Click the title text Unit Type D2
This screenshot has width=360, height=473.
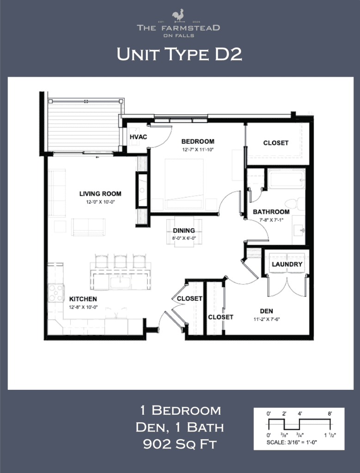tap(179, 55)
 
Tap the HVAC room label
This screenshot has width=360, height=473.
tap(138, 138)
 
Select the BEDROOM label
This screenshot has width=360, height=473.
tap(197, 141)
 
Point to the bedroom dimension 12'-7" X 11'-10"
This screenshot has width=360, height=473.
tap(197, 150)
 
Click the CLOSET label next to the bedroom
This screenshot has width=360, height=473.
tap(276, 143)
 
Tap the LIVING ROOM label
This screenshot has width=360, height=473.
tap(100, 194)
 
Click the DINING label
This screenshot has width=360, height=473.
tap(184, 230)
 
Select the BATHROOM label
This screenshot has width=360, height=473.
tap(271, 212)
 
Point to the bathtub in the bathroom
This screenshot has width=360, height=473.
tap(286, 179)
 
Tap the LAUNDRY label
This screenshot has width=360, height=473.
tap(287, 264)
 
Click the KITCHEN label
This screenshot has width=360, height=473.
tap(83, 299)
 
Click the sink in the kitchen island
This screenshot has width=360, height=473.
tap(120, 281)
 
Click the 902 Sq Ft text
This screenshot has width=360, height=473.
tap(180, 444)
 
